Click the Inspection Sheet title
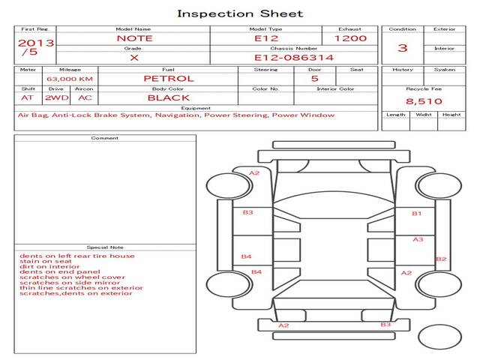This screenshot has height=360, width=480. tap(239, 13)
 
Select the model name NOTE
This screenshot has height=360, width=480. tap(134, 38)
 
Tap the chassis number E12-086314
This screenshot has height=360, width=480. tap(293, 57)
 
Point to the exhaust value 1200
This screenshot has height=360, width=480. tap(350, 38)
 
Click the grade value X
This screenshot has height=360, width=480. tap(133, 57)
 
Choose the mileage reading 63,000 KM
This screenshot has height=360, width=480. tap(70, 78)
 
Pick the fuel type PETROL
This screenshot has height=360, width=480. tap(168, 78)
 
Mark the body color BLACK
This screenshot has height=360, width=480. tap(168, 97)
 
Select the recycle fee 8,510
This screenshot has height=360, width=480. tap(424, 101)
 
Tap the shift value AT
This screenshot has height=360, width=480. tap(28, 97)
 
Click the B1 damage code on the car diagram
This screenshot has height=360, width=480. tap(417, 214)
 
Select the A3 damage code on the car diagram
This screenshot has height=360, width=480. tap(418, 239)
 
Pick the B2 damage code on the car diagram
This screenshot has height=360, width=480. tap(441, 259)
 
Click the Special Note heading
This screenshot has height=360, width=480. tap(104, 247)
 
